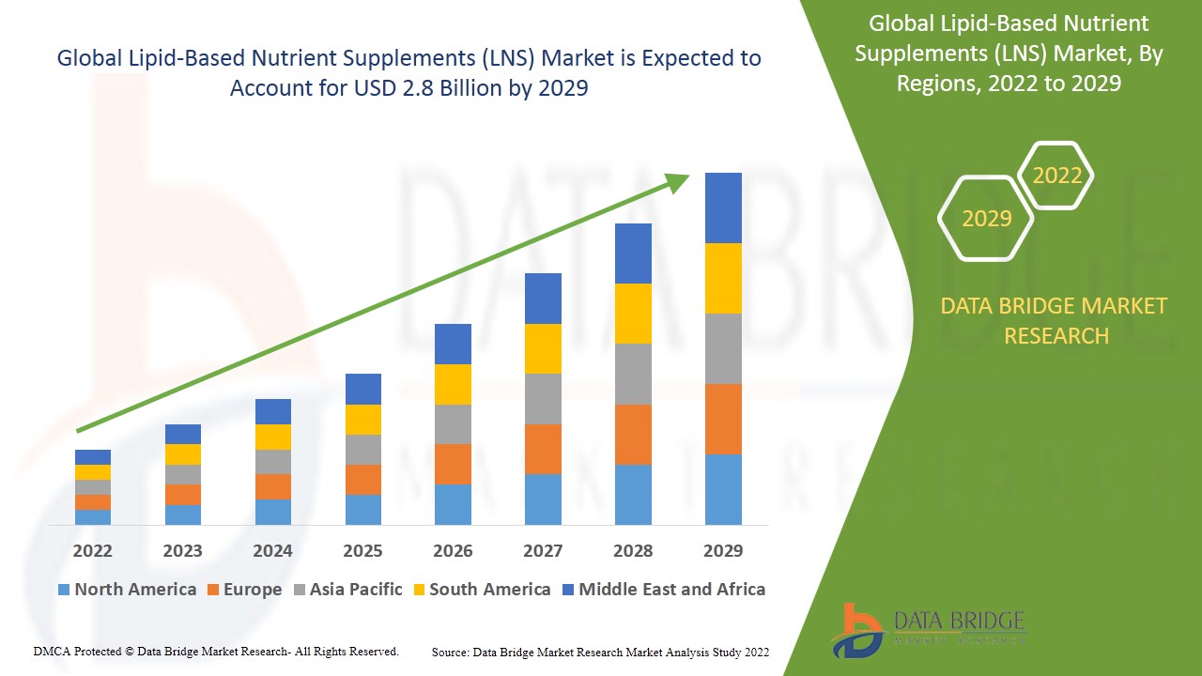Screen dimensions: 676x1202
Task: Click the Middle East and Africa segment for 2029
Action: click(723, 207)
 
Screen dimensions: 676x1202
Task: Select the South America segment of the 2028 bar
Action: click(633, 314)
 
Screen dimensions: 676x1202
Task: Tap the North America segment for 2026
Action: click(453, 504)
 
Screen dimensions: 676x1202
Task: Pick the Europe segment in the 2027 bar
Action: click(543, 449)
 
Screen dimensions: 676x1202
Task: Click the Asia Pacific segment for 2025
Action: click(363, 450)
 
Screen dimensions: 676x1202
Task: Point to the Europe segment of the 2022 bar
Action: click(93, 502)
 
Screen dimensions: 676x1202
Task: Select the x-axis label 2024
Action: click(272, 550)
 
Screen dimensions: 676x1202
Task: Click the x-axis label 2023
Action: click(182, 550)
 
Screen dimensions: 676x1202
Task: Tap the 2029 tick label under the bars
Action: click(723, 550)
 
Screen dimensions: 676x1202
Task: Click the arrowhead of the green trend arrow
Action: click(678, 180)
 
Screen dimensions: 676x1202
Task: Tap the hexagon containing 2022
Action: click(1056, 176)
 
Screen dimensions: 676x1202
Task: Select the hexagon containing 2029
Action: click(986, 219)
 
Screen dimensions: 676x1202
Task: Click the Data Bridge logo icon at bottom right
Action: click(855, 630)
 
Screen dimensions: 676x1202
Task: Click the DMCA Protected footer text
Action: click(216, 651)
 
